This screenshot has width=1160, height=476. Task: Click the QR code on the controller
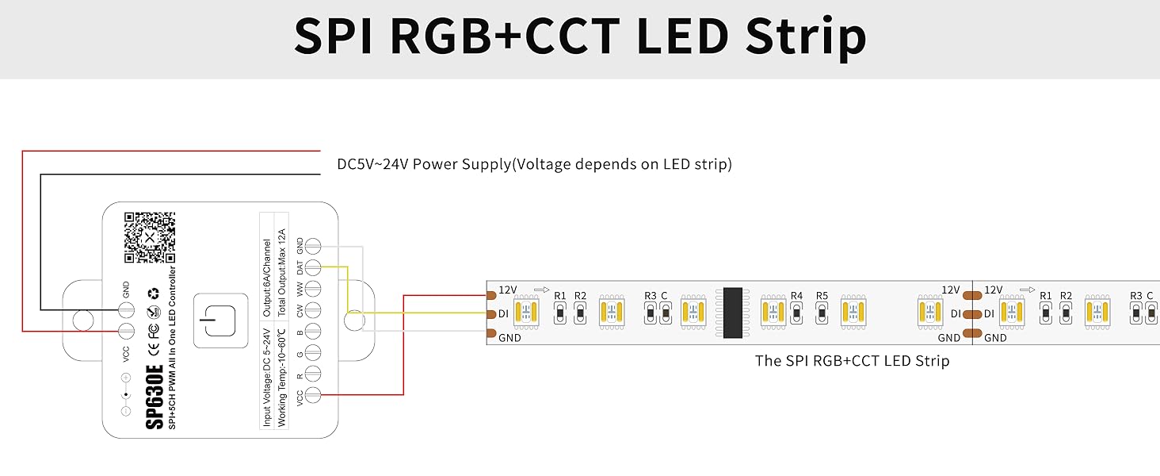[149, 237]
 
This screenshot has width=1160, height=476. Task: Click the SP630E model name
[155, 397]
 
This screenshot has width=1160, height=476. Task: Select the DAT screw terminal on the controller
[314, 267]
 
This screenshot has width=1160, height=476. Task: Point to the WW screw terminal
[314, 289]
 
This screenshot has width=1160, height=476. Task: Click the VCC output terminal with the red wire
[314, 395]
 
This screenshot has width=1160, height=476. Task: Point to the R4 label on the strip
[796, 297]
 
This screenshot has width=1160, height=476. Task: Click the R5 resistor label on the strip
[822, 297]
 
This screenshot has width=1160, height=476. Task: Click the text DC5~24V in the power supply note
[373, 165]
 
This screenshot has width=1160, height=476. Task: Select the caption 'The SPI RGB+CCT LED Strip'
[852, 361]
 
